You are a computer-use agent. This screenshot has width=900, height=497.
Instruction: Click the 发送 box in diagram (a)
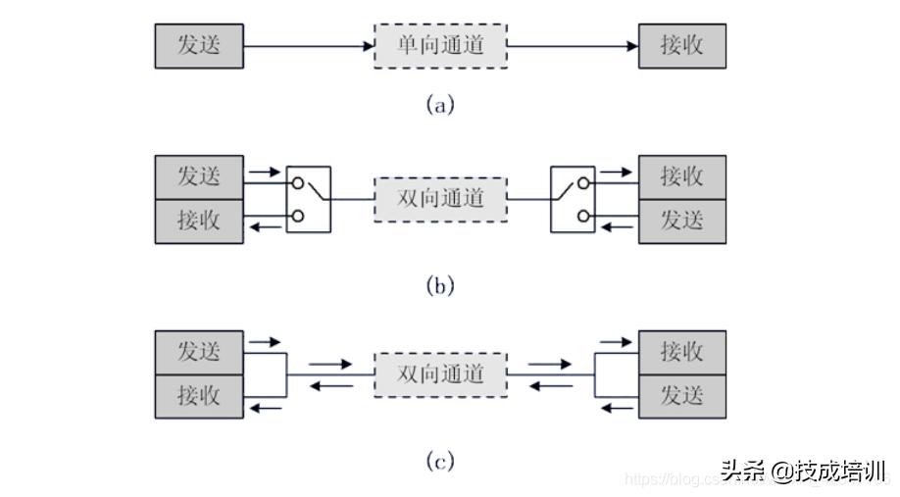click(x=199, y=46)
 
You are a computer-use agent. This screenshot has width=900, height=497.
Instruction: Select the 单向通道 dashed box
click(x=440, y=46)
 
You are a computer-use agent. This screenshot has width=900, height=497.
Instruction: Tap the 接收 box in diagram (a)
click(x=682, y=46)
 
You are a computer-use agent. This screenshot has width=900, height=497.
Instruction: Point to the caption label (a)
click(x=440, y=105)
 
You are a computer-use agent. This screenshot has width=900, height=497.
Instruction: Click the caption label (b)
click(x=440, y=286)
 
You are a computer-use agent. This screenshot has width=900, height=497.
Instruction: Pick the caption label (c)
click(x=440, y=461)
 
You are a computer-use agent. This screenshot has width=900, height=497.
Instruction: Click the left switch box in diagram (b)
click(x=309, y=199)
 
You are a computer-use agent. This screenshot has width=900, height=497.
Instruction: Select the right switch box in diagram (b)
click(x=574, y=199)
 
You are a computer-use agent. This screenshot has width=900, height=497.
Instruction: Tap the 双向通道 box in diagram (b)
click(x=440, y=199)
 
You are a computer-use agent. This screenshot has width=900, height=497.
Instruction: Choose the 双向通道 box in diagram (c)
click(x=440, y=373)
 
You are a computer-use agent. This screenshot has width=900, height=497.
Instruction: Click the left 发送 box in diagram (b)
click(x=199, y=176)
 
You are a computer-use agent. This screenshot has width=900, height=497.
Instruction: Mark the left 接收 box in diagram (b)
click(x=199, y=222)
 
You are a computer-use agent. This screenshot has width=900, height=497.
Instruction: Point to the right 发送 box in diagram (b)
click(x=682, y=222)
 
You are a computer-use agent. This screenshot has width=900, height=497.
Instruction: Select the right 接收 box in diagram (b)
click(x=682, y=176)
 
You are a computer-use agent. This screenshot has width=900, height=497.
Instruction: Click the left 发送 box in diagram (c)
click(x=199, y=352)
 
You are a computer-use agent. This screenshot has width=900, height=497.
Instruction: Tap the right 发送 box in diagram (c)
click(x=682, y=397)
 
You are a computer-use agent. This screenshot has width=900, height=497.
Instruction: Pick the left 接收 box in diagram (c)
click(x=199, y=397)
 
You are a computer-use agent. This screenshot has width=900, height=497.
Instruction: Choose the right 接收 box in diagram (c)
click(x=682, y=352)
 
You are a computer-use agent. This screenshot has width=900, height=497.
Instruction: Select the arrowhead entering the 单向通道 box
click(x=367, y=46)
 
